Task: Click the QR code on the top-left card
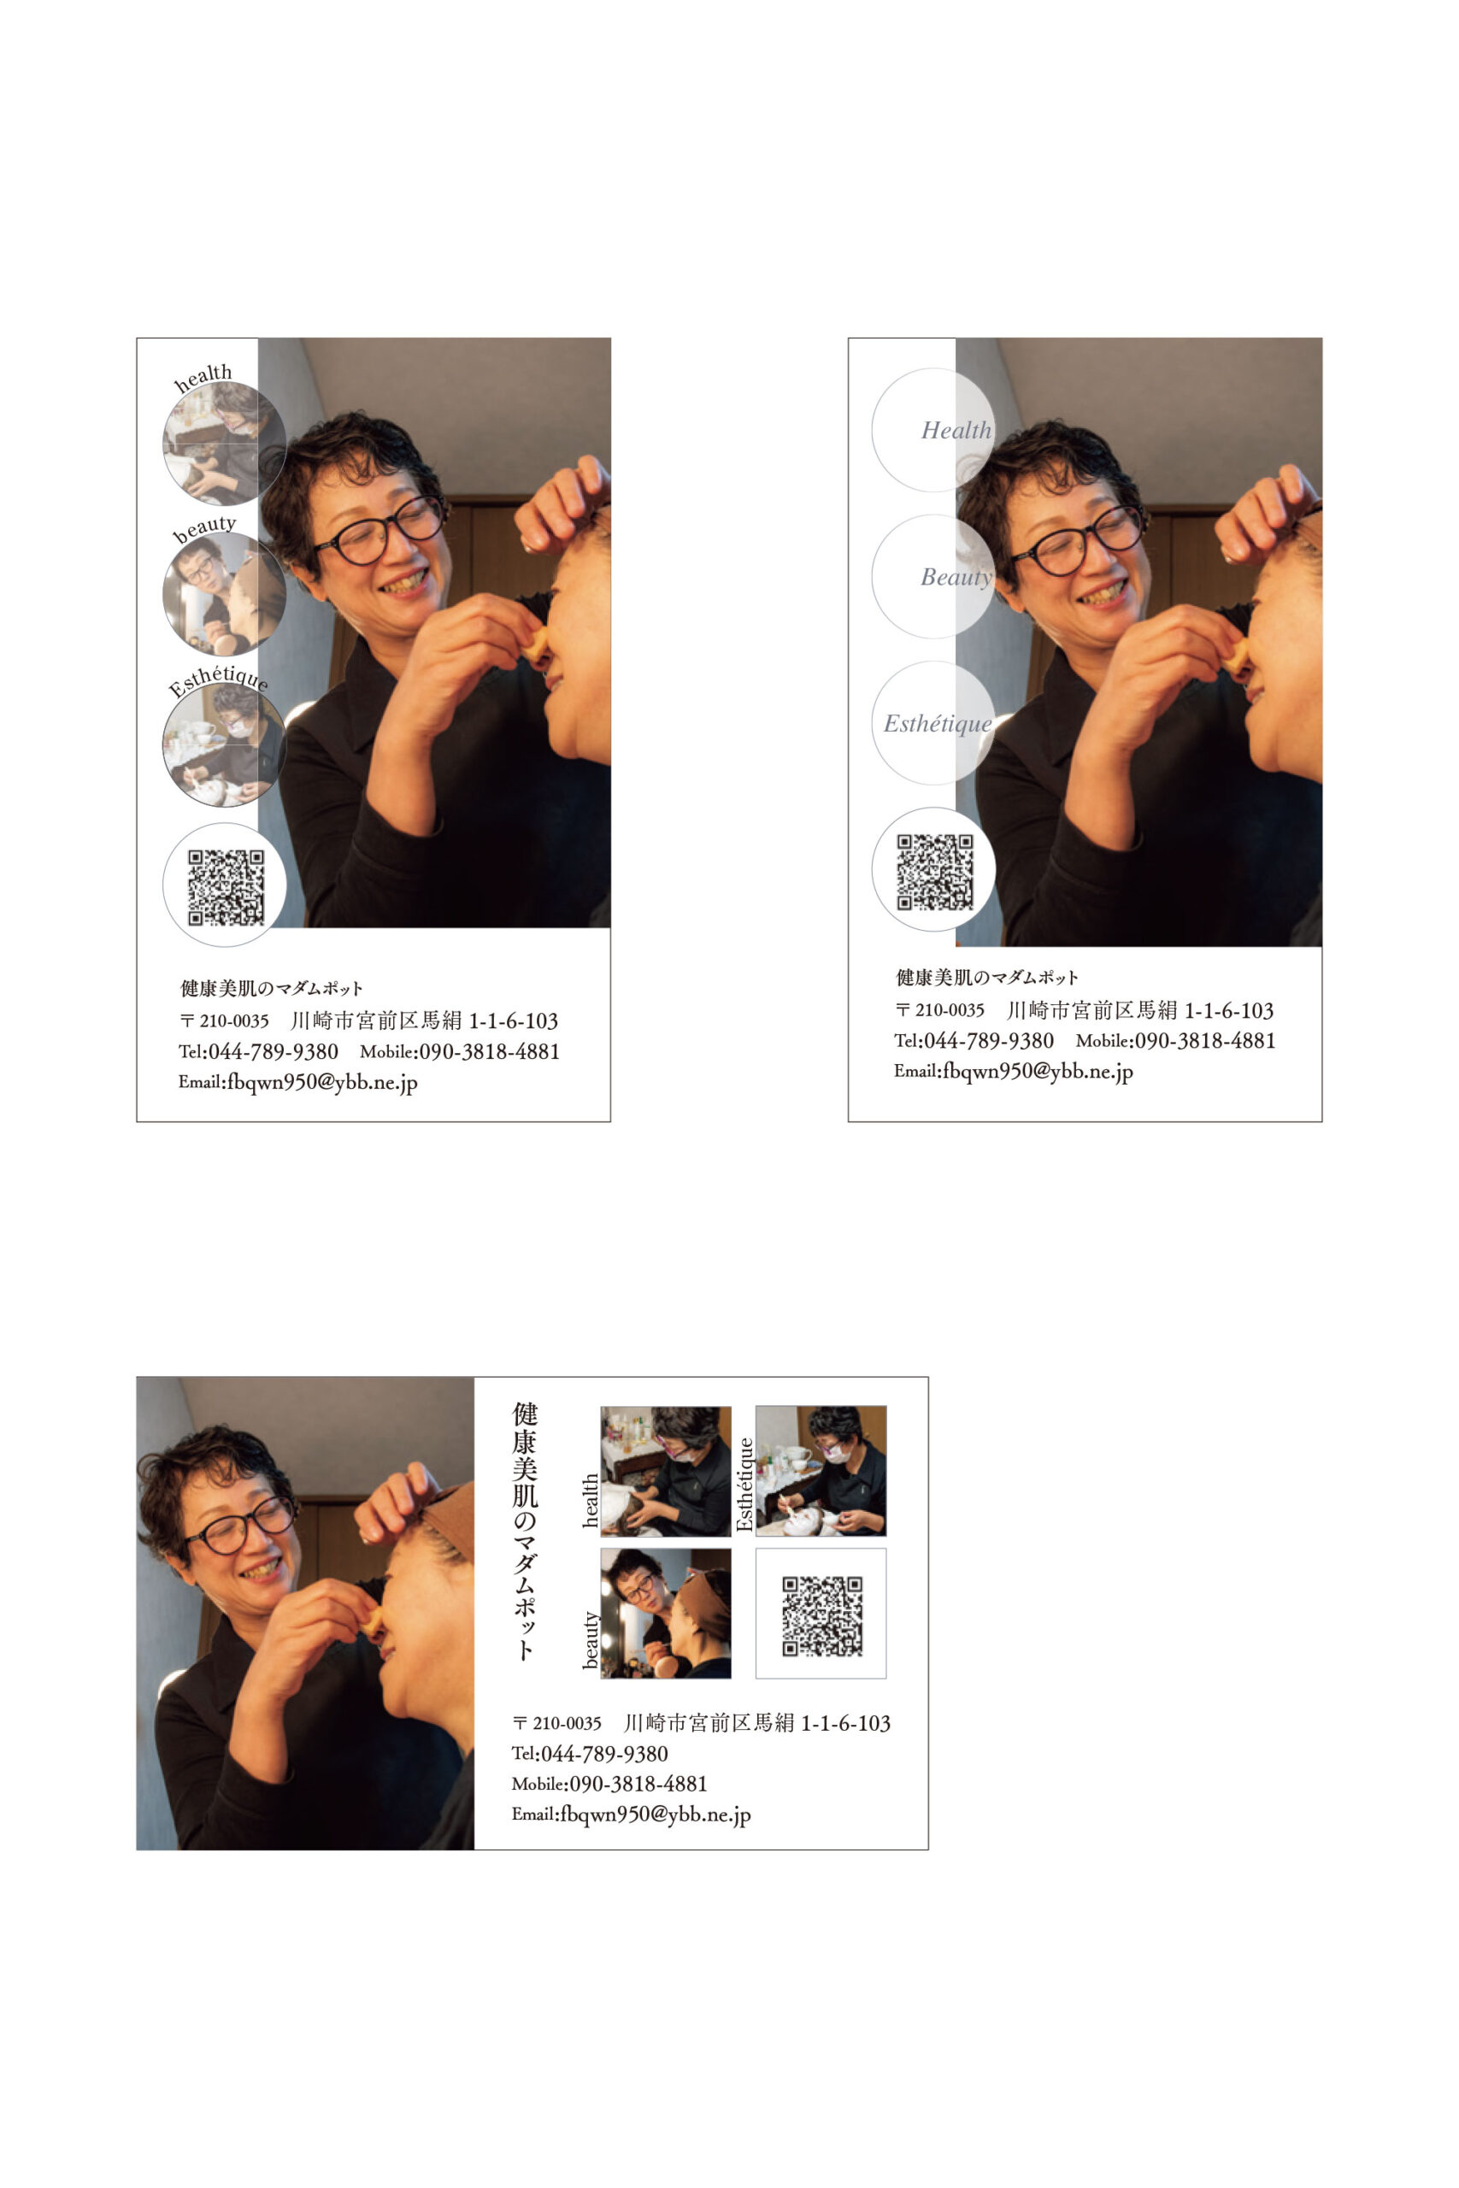click(x=226, y=887)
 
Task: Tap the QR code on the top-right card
click(x=934, y=872)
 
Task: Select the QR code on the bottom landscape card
click(x=821, y=1616)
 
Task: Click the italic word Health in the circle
click(x=956, y=430)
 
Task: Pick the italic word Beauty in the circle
click(x=956, y=577)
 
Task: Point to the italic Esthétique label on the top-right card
click(x=938, y=724)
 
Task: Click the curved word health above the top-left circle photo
click(x=203, y=377)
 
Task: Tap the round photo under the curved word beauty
click(x=224, y=593)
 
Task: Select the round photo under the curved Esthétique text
click(x=224, y=744)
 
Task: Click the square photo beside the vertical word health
click(x=665, y=1471)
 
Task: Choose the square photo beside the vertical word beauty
click(x=665, y=1613)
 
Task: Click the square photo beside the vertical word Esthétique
click(x=821, y=1471)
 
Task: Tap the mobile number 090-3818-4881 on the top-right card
click(x=1205, y=1041)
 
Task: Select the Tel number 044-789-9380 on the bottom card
click(x=604, y=1755)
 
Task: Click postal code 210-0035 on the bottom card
click(x=567, y=1724)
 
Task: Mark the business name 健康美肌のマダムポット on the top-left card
click(x=271, y=988)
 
